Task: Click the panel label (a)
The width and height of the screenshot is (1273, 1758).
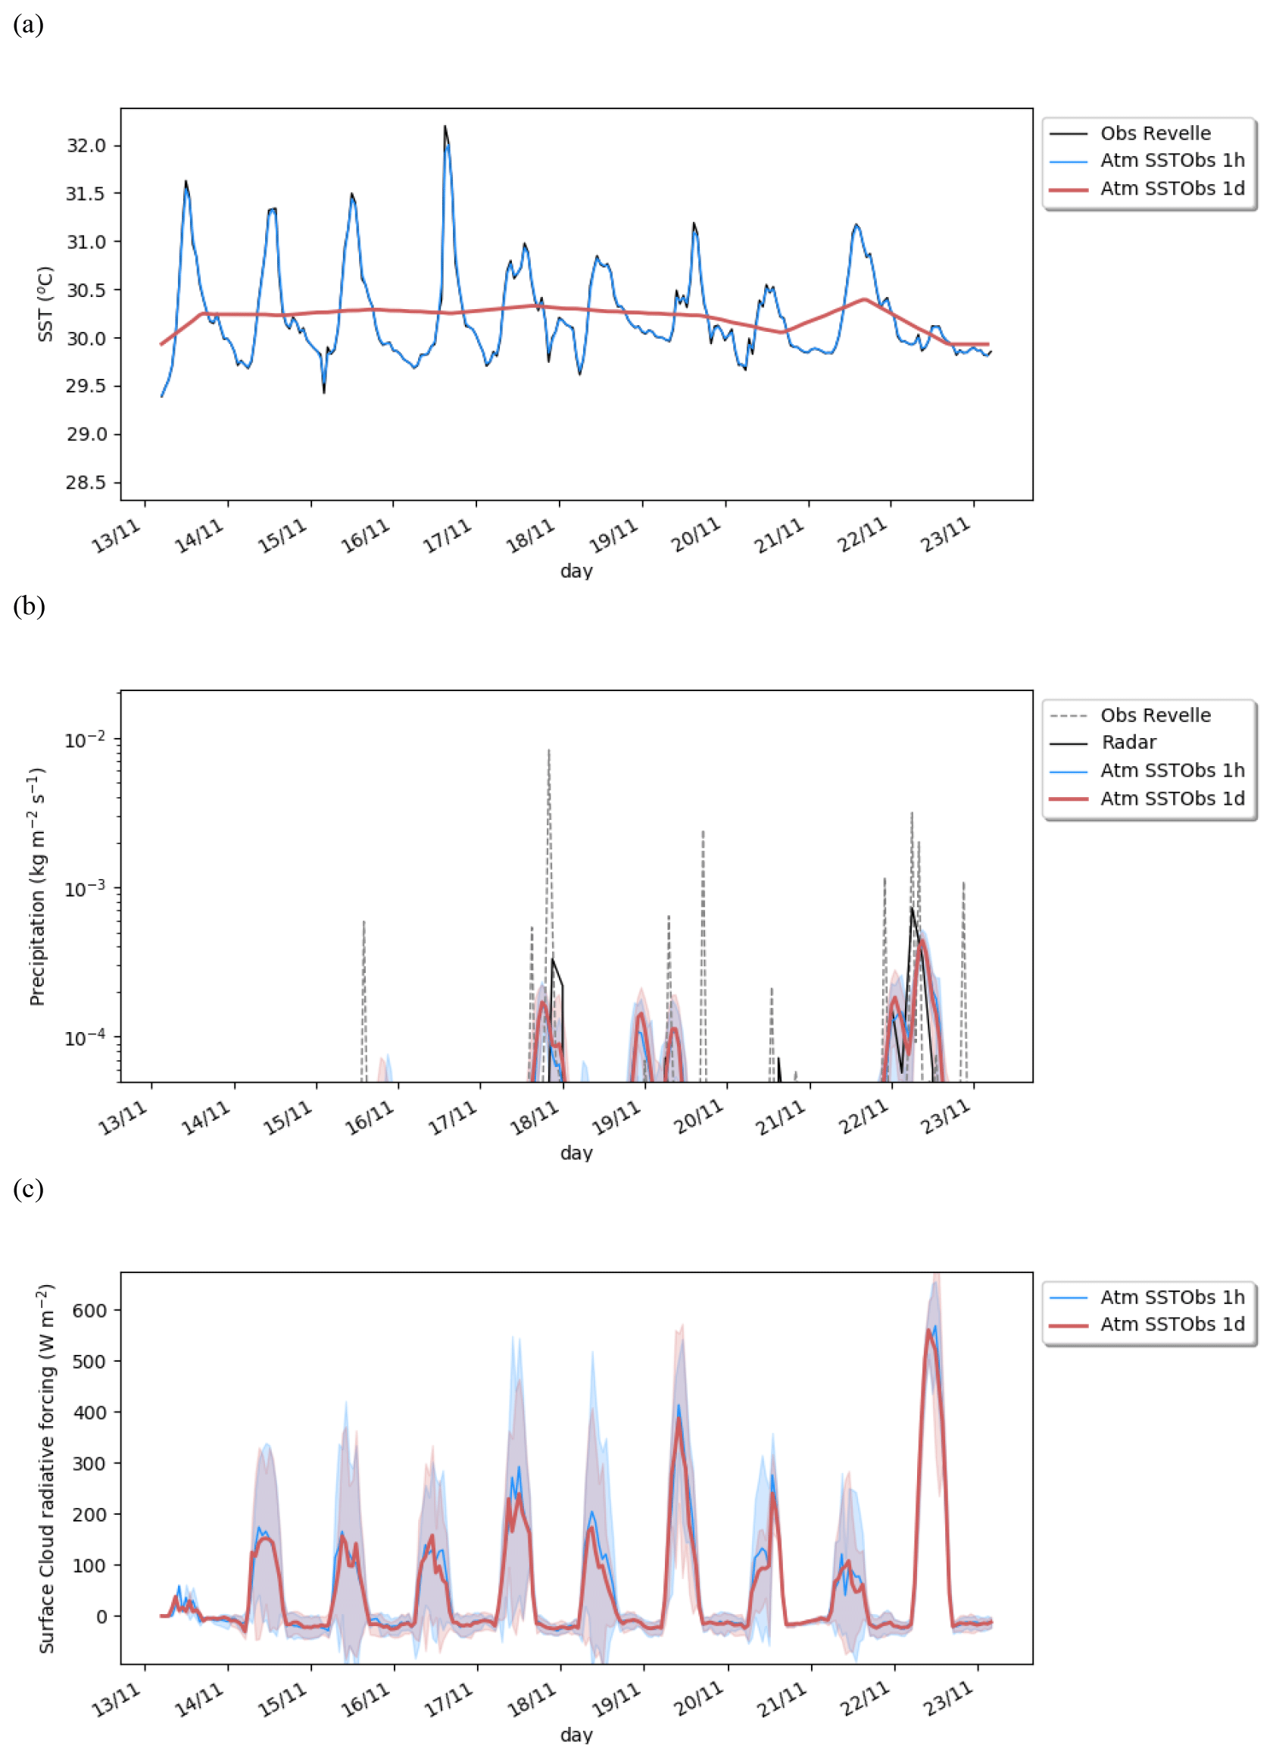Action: coord(28,25)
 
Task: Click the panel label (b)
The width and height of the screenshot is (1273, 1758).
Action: coord(29,606)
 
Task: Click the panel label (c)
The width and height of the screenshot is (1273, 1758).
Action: coord(28,1188)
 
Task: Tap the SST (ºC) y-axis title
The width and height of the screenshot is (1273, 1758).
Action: coord(45,304)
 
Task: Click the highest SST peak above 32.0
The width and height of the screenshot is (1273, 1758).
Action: coord(445,127)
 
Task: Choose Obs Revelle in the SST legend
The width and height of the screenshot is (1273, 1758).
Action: coord(1154,133)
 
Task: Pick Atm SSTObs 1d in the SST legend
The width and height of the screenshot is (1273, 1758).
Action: coord(1172,189)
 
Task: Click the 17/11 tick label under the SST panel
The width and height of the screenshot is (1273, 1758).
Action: coord(447,536)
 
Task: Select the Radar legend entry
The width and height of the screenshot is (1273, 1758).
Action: coord(1128,743)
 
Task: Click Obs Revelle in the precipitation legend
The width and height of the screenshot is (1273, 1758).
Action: coord(1154,715)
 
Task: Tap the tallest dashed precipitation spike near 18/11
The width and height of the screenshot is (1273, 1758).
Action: coord(549,752)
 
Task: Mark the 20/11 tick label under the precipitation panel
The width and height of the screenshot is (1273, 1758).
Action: coord(698,1118)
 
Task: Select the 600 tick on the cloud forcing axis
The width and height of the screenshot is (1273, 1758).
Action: coord(89,1310)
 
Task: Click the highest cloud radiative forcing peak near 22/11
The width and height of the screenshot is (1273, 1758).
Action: coord(930,1331)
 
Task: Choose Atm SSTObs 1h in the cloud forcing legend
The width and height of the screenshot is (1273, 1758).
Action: coord(1172,1297)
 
